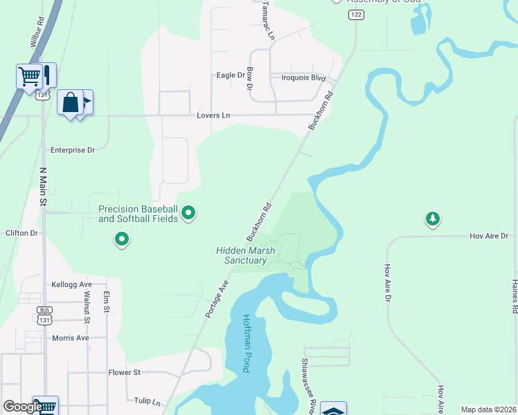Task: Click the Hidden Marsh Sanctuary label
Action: click(x=245, y=255)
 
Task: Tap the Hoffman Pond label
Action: click(x=247, y=344)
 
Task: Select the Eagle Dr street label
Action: click(x=231, y=75)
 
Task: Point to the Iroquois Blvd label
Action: click(x=303, y=77)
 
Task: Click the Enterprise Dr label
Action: click(x=73, y=149)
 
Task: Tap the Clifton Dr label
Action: click(x=21, y=233)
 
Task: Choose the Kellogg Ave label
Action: click(x=71, y=284)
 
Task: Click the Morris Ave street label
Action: click(x=71, y=338)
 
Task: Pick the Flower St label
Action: click(x=125, y=372)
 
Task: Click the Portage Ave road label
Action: click(x=217, y=299)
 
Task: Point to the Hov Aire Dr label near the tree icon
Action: click(x=489, y=236)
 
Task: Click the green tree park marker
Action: click(x=433, y=219)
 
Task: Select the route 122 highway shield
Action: click(x=356, y=15)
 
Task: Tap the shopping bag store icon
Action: click(x=70, y=102)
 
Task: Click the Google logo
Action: click(x=22, y=407)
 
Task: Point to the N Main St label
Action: click(x=42, y=187)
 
